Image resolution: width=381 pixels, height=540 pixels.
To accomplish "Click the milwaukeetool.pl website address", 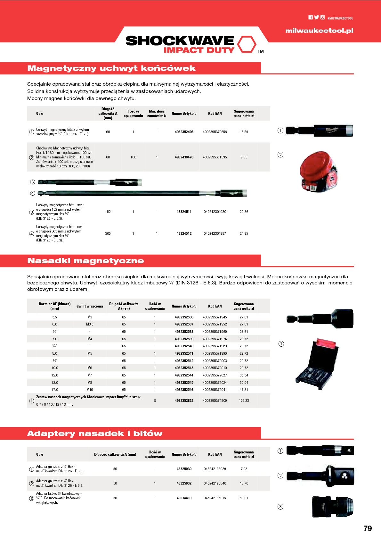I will point(319,31).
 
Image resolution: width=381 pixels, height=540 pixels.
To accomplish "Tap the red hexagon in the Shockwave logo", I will point(247,44).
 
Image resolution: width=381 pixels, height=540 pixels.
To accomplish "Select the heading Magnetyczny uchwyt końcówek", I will point(111,68).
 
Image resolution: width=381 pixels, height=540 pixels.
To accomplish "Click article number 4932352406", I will point(184,132).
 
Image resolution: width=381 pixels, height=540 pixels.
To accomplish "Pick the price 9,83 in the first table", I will point(244,157).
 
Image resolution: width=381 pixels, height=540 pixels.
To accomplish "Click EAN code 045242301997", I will point(215,233).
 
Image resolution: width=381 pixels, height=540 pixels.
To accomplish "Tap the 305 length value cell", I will point(108,233).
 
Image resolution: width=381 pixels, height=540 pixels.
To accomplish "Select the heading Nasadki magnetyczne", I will point(85,261).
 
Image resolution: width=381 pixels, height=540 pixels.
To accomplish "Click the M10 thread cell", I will point(90,390).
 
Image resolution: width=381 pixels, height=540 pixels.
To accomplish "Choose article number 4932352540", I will point(184,346).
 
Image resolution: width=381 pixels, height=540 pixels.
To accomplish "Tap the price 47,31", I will point(244,390).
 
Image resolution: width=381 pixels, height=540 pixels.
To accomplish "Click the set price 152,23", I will point(244,401).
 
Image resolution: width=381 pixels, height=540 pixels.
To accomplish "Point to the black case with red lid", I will point(317,364).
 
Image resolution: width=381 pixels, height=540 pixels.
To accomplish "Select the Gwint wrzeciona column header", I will point(90,306).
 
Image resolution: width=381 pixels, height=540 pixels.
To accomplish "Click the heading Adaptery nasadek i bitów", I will point(95,434).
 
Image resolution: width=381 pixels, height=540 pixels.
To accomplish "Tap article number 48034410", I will point(184,498).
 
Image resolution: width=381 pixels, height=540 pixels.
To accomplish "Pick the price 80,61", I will point(244,498).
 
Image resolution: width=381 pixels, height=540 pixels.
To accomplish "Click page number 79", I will point(368,528).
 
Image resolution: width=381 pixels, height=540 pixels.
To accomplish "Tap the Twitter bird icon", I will point(316,18).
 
